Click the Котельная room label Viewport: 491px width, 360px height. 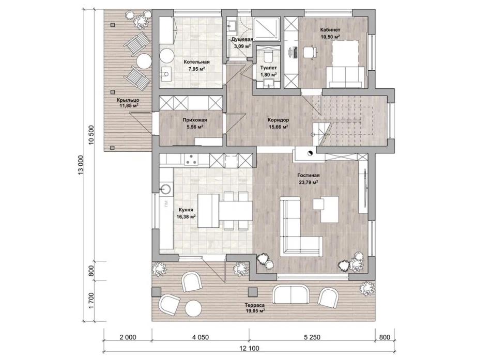coord(196,62)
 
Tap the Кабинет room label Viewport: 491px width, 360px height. coord(330,30)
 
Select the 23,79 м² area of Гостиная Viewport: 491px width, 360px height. coord(309,182)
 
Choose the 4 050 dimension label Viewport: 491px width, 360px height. coord(200,337)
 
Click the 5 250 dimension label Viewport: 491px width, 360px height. coord(312,337)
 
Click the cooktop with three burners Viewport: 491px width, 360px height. coord(191,160)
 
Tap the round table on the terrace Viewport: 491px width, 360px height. coord(193,309)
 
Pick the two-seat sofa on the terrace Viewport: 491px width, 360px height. coord(291,294)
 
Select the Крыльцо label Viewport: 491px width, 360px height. coord(128,100)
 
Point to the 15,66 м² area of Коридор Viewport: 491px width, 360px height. coord(279,127)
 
